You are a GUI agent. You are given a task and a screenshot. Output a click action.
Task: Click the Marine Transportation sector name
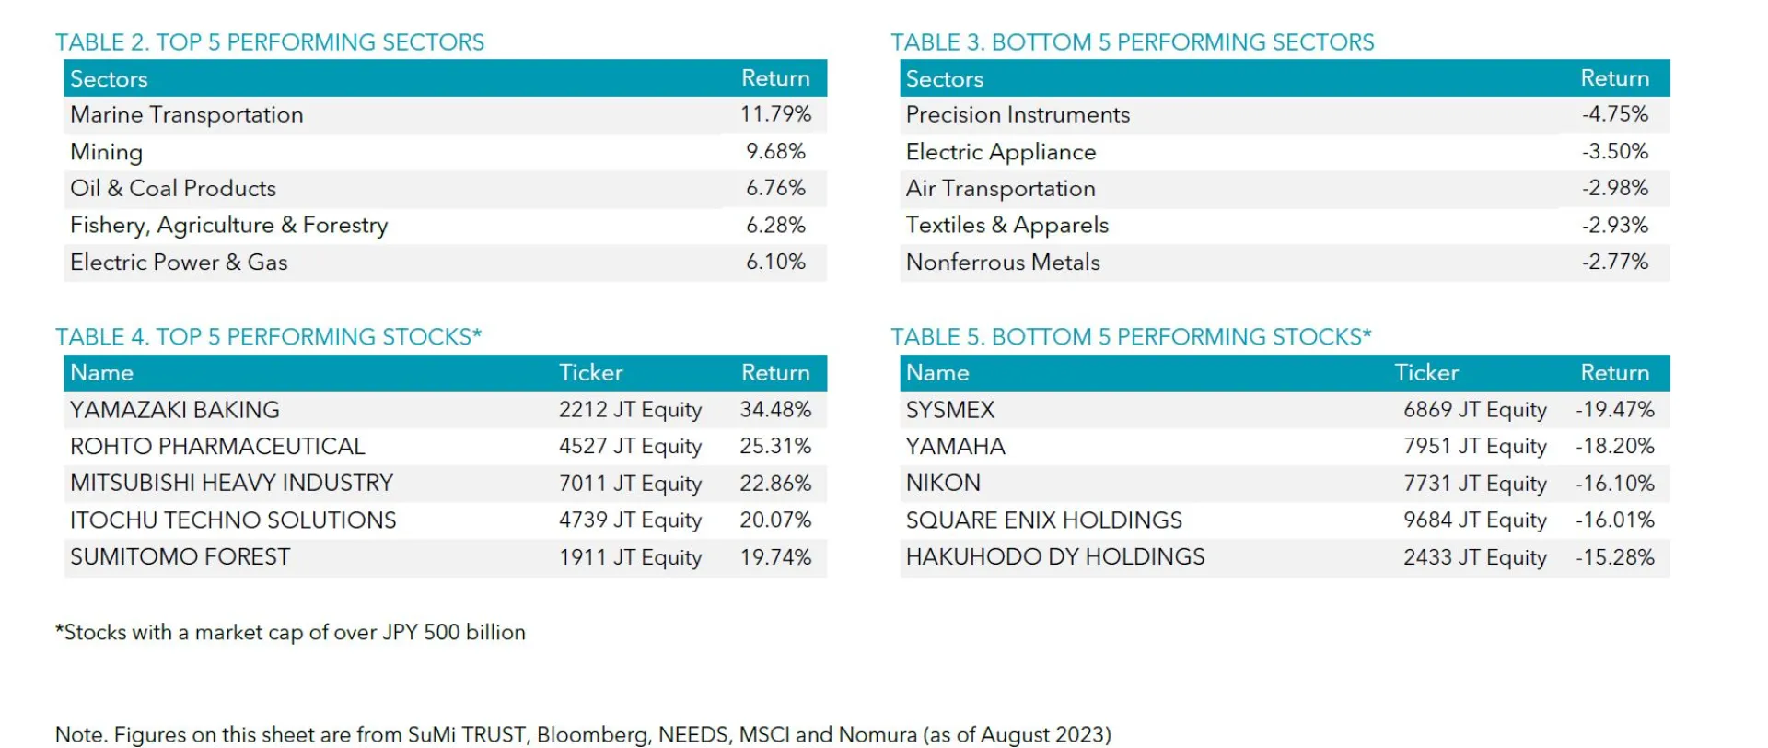click(186, 114)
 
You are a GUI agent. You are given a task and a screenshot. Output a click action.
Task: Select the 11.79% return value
click(775, 114)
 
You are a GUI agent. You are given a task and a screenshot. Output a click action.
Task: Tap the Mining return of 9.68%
click(775, 151)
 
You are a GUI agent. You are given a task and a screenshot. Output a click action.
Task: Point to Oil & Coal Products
click(173, 188)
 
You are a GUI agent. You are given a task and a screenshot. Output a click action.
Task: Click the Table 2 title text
click(270, 42)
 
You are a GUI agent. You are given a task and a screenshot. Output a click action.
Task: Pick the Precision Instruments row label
click(1018, 114)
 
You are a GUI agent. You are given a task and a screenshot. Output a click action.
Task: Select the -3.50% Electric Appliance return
click(1615, 151)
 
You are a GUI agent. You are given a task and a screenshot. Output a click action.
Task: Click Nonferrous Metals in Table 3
click(1003, 262)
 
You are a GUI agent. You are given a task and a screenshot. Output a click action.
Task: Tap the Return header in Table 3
click(1614, 78)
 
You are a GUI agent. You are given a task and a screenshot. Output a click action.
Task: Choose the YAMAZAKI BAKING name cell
click(175, 410)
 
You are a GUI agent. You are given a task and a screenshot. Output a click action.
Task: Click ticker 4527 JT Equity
click(630, 447)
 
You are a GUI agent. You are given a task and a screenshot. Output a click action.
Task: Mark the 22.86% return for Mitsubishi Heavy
click(775, 484)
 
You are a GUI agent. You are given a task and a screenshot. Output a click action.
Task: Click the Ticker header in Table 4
click(590, 373)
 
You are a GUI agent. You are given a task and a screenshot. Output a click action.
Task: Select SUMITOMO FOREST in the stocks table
click(180, 557)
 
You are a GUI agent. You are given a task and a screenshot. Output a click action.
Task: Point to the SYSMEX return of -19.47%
click(1615, 410)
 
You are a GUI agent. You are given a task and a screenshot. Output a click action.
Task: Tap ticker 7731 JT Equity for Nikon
click(1474, 484)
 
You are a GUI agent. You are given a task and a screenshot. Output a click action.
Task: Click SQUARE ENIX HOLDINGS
click(1043, 520)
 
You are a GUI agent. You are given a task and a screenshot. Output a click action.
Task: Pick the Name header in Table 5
click(937, 373)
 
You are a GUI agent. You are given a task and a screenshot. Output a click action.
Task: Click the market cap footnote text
click(290, 632)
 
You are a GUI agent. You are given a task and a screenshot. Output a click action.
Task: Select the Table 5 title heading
click(1131, 337)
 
